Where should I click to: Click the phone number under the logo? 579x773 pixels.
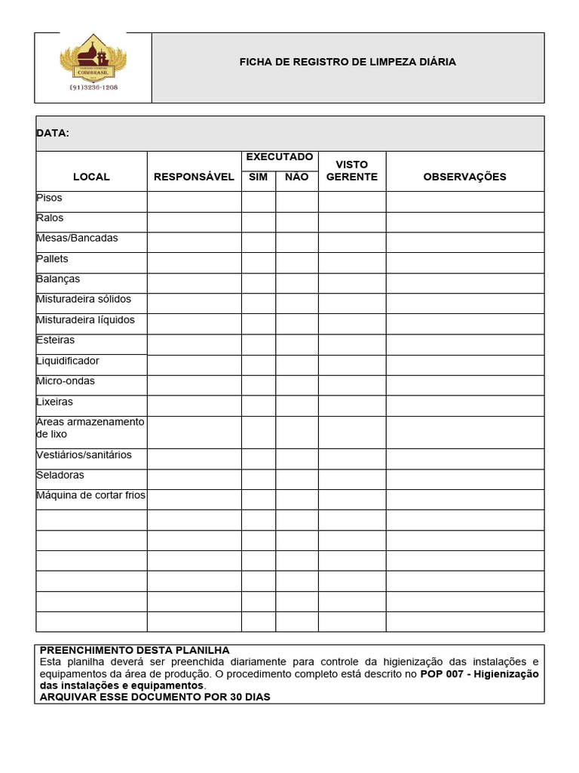[93, 87]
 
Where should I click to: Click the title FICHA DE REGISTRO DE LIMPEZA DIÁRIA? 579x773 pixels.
[348, 62]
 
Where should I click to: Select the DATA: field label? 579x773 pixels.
[53, 134]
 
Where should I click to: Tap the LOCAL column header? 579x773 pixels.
[91, 177]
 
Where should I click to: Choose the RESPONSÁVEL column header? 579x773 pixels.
[194, 177]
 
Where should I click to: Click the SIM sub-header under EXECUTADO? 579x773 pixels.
[258, 177]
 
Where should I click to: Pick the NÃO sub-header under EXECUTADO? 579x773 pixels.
[297, 177]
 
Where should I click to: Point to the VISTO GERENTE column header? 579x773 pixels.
[352, 171]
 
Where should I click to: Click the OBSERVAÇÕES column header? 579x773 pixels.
[464, 177]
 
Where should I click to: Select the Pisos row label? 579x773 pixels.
[50, 198]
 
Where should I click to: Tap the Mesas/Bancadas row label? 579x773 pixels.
[77, 239]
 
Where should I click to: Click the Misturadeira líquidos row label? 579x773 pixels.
[85, 320]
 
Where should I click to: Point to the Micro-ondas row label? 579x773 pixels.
[66, 381]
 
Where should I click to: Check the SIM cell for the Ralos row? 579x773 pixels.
[258, 222]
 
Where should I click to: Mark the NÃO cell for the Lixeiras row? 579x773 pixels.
[297, 405]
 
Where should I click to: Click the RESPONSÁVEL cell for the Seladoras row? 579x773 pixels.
[194, 479]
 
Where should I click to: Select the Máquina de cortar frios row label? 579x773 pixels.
[90, 496]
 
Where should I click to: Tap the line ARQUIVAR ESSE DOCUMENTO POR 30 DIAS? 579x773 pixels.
[155, 697]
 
